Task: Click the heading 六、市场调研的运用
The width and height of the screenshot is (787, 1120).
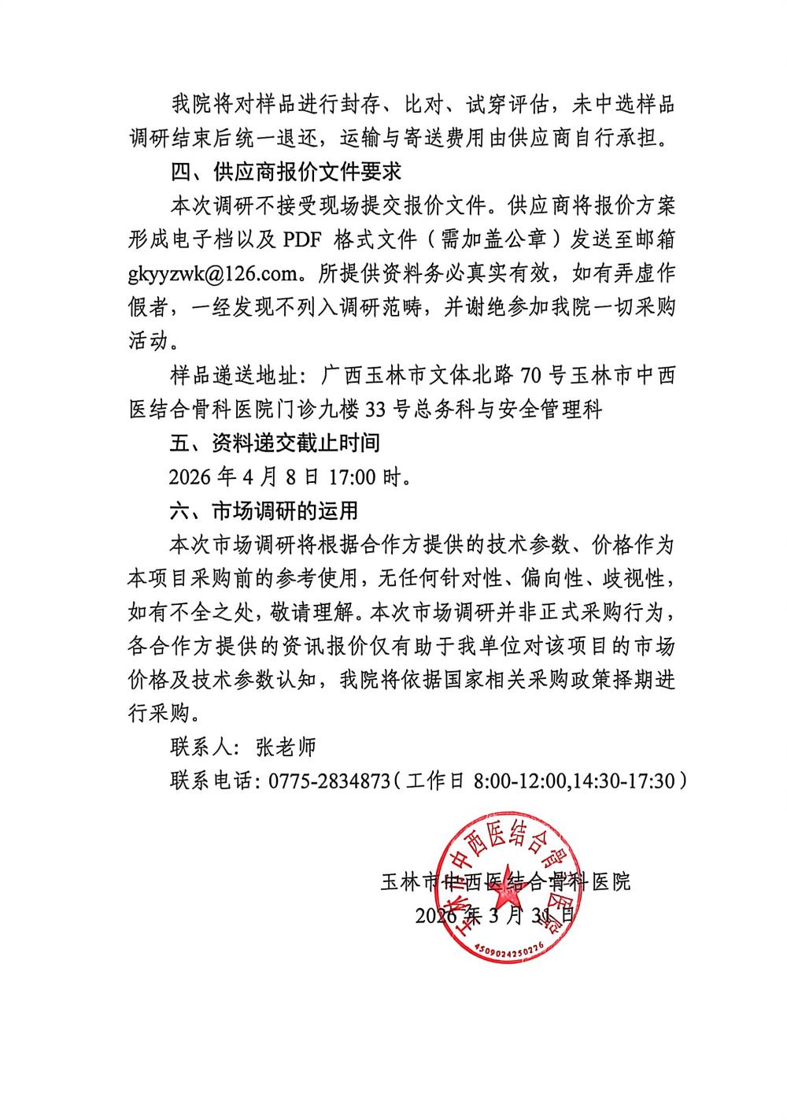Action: (264, 511)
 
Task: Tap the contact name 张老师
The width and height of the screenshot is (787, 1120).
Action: (286, 746)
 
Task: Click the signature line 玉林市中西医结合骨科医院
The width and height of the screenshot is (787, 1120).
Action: (504, 881)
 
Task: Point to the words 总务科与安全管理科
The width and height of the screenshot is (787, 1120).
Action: (535, 410)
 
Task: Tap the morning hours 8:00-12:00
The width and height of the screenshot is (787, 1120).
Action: (520, 781)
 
